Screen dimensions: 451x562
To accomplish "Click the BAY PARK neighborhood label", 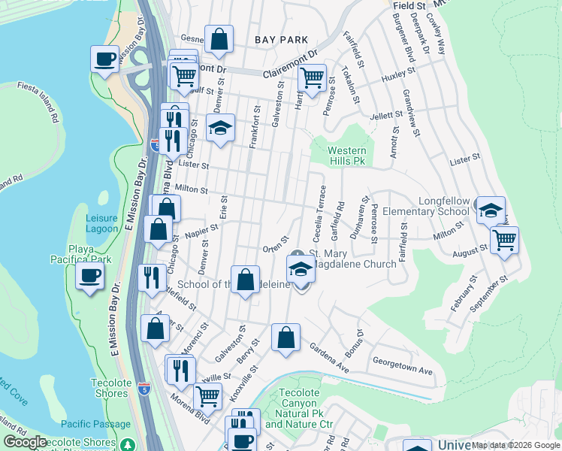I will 282,39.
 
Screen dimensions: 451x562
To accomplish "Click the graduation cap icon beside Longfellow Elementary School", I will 491,210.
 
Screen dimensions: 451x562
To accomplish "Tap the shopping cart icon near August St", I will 504,240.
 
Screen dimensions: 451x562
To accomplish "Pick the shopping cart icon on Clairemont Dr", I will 312,76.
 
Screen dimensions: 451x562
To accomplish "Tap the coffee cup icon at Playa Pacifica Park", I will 89,275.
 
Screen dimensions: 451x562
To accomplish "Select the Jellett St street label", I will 388,117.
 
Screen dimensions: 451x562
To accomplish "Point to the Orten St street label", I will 276,249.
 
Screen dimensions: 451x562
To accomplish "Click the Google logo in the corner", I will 25,442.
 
